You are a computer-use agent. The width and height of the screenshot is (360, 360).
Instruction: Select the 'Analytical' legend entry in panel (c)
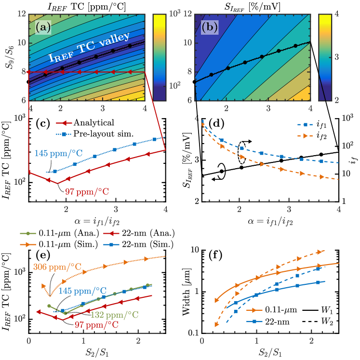96,122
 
